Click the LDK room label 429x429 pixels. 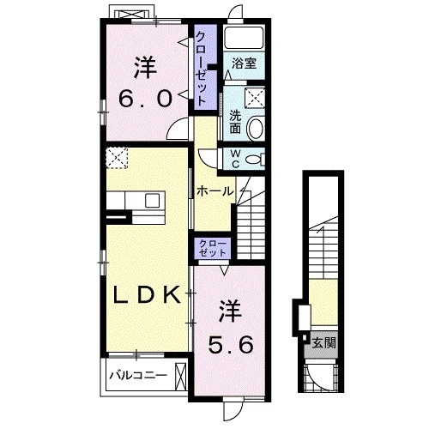(147, 295)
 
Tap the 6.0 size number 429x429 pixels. (146, 99)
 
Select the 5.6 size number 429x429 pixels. (231, 344)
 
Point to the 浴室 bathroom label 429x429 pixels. (244, 63)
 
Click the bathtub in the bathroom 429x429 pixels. (244, 38)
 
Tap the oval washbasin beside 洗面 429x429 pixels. (256, 128)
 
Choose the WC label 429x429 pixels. (235, 159)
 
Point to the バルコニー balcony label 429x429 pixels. (138, 375)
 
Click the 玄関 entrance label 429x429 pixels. (323, 342)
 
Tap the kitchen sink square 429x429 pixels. (152, 200)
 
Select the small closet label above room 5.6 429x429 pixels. (213, 248)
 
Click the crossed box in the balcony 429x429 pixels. (180, 377)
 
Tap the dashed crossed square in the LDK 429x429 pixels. (117, 158)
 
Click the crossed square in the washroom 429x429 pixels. (255, 98)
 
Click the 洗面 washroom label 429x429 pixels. (236, 123)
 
